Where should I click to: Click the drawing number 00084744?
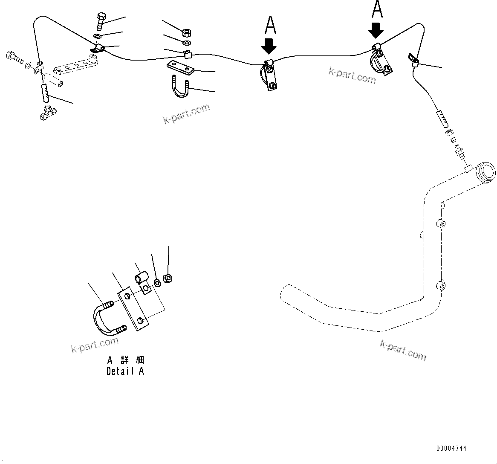click(x=451, y=448)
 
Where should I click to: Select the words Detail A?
click(x=125, y=371)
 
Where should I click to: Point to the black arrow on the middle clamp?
click(x=269, y=45)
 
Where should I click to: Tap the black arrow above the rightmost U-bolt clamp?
click(x=376, y=30)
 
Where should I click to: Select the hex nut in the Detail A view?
click(x=168, y=278)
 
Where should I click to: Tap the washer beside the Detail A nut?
click(x=158, y=282)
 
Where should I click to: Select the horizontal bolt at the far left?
click(x=14, y=57)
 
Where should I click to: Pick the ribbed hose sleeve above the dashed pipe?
click(x=442, y=118)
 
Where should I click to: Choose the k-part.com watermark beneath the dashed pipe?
click(x=403, y=350)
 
